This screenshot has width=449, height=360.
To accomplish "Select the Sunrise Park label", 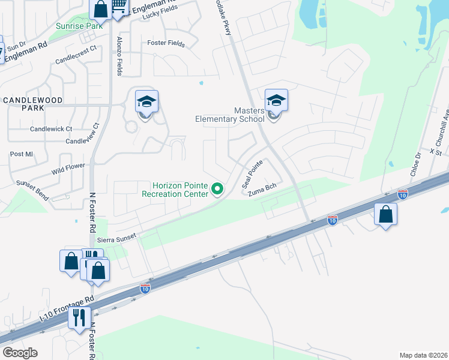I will (x=79, y=26).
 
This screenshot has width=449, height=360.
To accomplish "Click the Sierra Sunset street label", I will (x=117, y=239).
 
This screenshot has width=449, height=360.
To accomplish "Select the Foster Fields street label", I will (x=165, y=43).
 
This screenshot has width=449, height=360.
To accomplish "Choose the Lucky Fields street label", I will (x=158, y=17).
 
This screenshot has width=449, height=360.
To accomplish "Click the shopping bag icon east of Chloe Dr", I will (x=385, y=214).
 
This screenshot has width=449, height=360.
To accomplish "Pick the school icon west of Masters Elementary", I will (x=146, y=101).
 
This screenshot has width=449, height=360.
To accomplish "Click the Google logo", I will (x=20, y=353).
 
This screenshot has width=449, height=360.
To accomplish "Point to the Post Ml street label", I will (x=21, y=154).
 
